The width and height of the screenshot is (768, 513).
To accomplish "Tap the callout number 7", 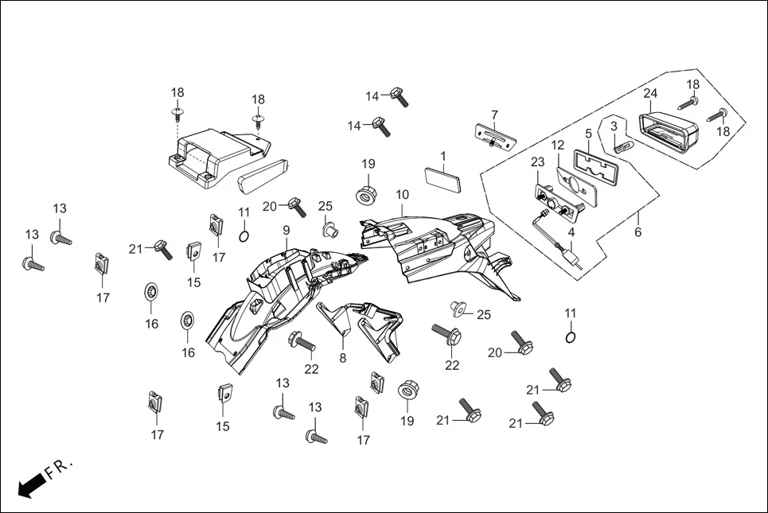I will point(494,115).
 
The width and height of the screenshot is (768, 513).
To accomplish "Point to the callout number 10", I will point(402,194).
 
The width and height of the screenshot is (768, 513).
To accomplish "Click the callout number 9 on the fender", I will point(286,231).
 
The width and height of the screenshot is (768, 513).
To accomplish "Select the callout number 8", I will point(343,358).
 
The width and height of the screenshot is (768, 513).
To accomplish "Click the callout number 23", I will point(538,161).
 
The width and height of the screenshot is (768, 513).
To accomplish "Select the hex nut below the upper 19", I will point(367,194).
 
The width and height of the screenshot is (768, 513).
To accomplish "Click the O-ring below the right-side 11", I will point(571,336).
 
